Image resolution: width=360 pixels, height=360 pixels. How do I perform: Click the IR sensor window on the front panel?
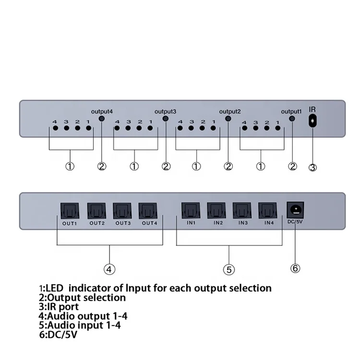(x=312, y=121)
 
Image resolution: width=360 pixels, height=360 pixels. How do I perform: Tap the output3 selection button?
(x=166, y=119)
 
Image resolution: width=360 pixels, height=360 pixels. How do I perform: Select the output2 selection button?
(x=228, y=119)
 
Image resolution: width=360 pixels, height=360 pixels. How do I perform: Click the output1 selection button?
(x=292, y=119)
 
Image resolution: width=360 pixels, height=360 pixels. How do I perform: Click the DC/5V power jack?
(x=295, y=210)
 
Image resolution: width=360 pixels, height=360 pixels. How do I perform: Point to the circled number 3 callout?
(x=312, y=168)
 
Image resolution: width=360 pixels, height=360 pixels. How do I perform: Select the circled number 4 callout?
(x=110, y=269)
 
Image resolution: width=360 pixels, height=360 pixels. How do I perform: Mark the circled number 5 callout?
(x=229, y=270)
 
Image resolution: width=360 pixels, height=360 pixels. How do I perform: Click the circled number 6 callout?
(x=295, y=267)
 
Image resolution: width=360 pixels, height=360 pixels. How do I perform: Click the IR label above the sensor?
(x=312, y=110)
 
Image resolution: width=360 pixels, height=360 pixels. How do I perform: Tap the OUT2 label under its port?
(x=96, y=223)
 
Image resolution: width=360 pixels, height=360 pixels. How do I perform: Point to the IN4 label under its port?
(x=267, y=223)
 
